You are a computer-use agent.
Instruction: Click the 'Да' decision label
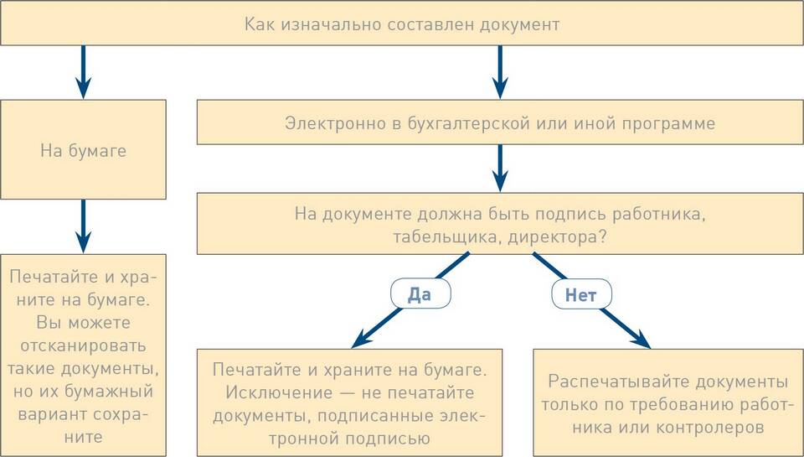point(420,294)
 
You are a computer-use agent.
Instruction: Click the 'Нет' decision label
point(581,294)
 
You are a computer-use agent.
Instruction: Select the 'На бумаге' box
point(83,149)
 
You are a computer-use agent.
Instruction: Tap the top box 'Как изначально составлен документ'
point(402,23)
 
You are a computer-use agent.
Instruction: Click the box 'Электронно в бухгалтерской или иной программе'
point(500,122)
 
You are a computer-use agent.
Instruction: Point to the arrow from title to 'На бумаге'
point(83,72)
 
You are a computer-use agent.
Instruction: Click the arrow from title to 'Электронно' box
point(500,72)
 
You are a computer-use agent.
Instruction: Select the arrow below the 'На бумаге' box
point(83,226)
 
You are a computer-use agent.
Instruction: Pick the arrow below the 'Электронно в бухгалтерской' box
point(500,169)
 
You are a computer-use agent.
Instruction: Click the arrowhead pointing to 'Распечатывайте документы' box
point(641,340)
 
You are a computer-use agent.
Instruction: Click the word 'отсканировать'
point(83,345)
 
